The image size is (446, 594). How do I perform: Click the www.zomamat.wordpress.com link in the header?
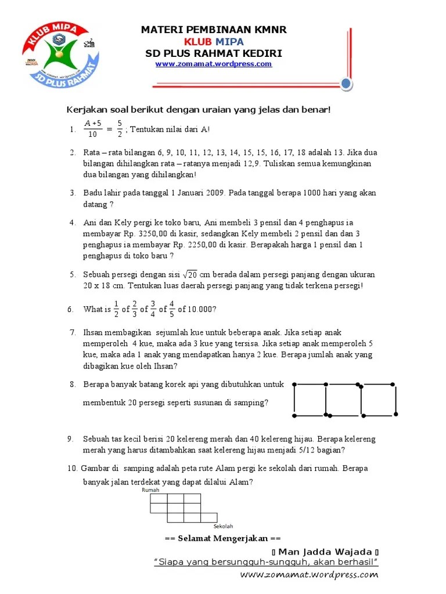pyautogui.click(x=213, y=64)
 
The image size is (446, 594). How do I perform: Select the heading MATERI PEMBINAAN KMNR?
pyautogui.click(x=214, y=30)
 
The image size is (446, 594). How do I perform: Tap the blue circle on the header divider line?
pyautogui.click(x=346, y=85)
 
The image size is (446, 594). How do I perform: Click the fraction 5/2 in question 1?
pyautogui.click(x=119, y=129)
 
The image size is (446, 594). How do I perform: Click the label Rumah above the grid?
pyautogui.click(x=150, y=490)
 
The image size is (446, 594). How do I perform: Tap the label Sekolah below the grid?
pyautogui.click(x=223, y=526)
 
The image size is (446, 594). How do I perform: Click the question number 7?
pyautogui.click(x=73, y=332)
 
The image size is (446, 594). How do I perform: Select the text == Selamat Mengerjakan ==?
pyautogui.click(x=222, y=538)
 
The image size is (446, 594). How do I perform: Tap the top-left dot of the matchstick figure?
pyautogui.click(x=294, y=384)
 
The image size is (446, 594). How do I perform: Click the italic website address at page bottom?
pyautogui.click(x=308, y=575)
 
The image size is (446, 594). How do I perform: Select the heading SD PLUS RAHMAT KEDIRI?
pyautogui.click(x=214, y=53)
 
